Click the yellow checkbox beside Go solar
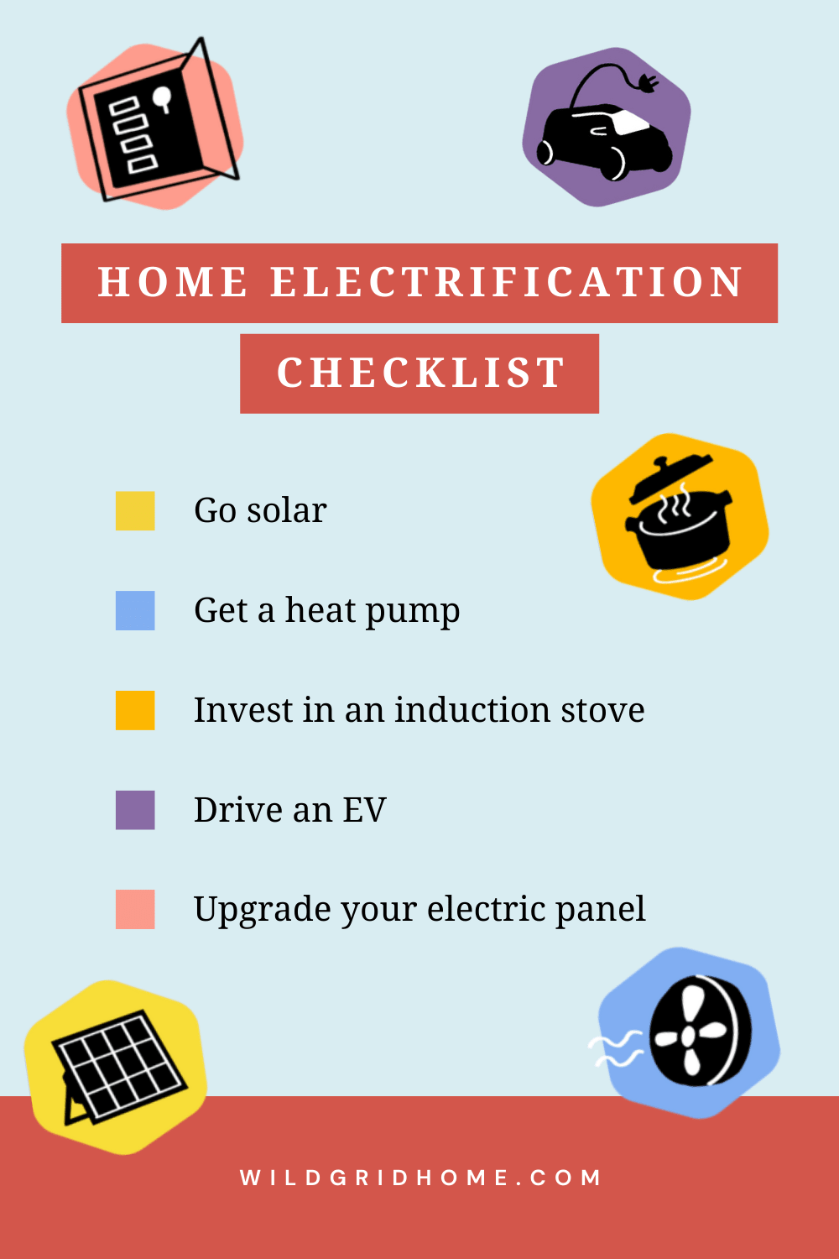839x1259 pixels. [135, 511]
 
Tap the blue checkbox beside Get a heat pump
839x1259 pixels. [135, 610]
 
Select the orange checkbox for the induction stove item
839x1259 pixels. [135, 710]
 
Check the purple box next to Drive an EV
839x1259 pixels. [135, 810]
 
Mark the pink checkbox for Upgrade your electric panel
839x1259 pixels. [135, 909]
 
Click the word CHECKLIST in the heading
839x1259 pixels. [420, 374]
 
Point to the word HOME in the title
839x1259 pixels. [173, 282]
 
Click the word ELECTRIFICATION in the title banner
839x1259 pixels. [507, 282]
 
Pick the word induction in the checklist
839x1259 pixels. [472, 710]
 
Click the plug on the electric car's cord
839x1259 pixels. [648, 83]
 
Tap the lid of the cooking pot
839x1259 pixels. [669, 479]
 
